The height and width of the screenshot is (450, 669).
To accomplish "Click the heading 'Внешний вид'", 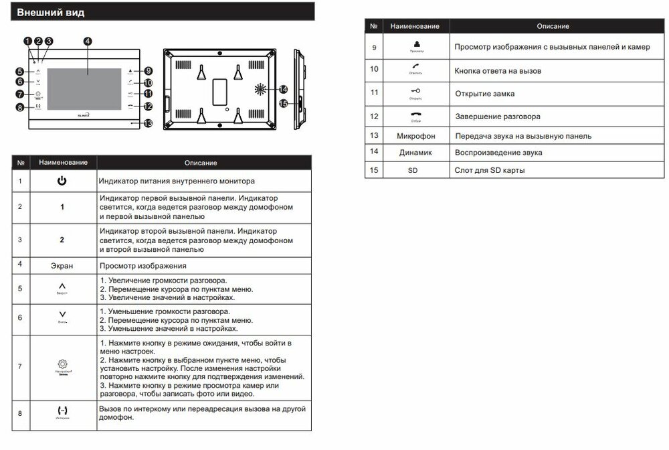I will [x=51, y=13].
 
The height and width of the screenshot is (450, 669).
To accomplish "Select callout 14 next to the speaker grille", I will [x=283, y=89].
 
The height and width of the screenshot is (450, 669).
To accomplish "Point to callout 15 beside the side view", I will [x=283, y=103].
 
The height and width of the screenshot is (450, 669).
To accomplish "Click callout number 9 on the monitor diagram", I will [x=148, y=71].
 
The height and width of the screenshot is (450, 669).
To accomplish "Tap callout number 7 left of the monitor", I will [x=19, y=94].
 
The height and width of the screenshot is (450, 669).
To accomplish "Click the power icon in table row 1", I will [x=62, y=181].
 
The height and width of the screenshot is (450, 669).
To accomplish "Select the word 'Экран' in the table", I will [x=62, y=265].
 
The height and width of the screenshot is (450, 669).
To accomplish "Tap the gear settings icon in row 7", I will [x=62, y=364].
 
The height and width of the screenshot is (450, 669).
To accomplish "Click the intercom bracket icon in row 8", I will [x=62, y=410].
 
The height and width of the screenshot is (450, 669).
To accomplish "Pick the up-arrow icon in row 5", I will [x=62, y=287].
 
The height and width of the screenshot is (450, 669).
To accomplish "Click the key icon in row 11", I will [x=415, y=91].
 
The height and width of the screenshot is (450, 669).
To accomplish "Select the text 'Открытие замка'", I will [x=485, y=94].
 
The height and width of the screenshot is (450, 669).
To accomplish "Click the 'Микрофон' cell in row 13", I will [x=416, y=136].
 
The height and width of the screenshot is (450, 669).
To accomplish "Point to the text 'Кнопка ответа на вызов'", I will [x=498, y=70].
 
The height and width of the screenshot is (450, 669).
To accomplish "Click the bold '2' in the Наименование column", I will [x=62, y=239].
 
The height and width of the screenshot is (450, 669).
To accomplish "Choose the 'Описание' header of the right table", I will [x=553, y=26].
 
